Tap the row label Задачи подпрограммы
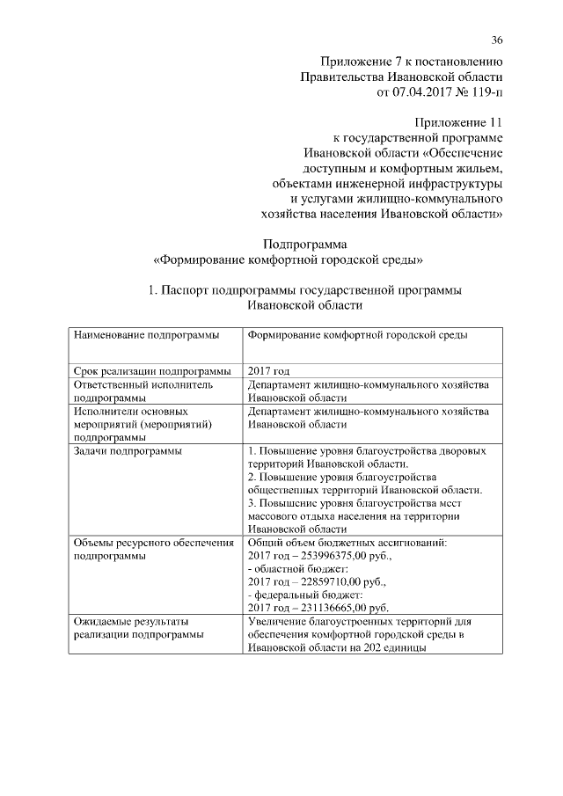point(128,451)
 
